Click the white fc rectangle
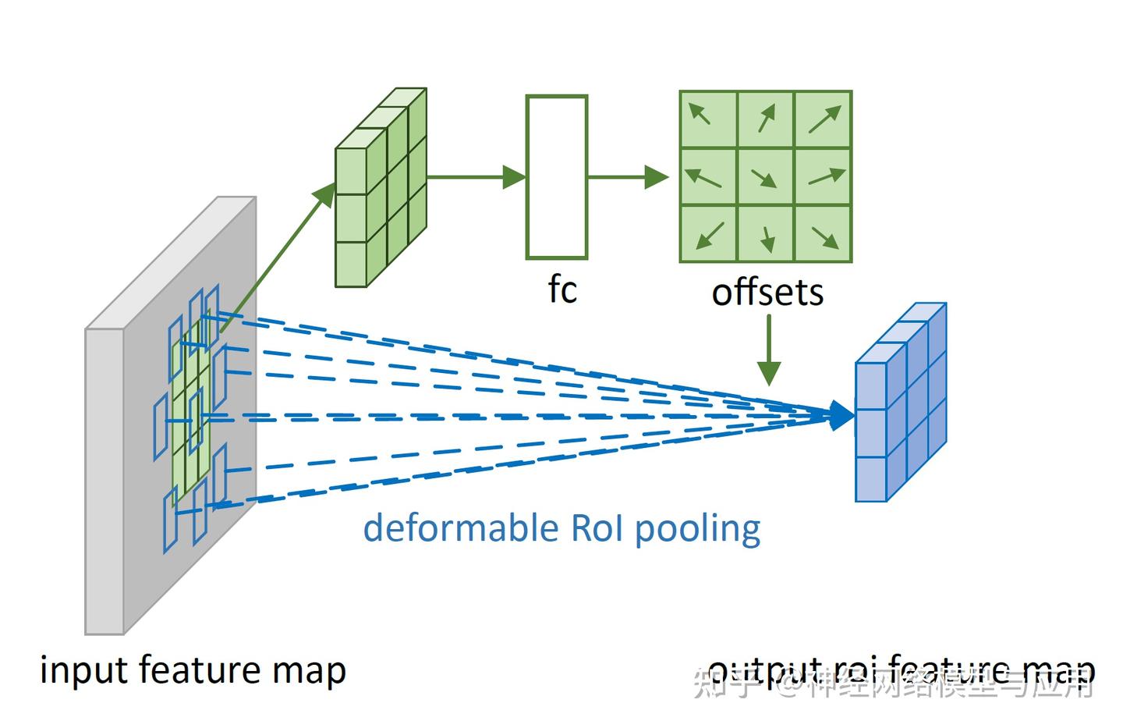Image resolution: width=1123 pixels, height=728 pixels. [556, 177]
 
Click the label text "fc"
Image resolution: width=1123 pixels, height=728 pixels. [561, 290]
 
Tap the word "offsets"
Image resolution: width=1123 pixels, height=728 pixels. [767, 293]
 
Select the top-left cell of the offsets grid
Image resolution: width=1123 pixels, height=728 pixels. [708, 119]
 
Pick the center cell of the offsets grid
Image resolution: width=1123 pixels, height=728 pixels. [765, 176]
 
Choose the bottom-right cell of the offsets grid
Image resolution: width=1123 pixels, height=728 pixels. [823, 233]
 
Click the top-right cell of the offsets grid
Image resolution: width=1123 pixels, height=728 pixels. [823, 119]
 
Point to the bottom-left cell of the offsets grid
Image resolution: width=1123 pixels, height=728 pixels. [708, 233]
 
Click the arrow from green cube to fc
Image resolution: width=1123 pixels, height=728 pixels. [476, 177]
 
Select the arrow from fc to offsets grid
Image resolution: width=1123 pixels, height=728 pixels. [627, 177]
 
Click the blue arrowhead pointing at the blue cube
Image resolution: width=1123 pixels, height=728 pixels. [841, 415]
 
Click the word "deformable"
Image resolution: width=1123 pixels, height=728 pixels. [460, 528]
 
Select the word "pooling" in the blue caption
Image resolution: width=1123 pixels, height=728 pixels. [697, 530]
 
